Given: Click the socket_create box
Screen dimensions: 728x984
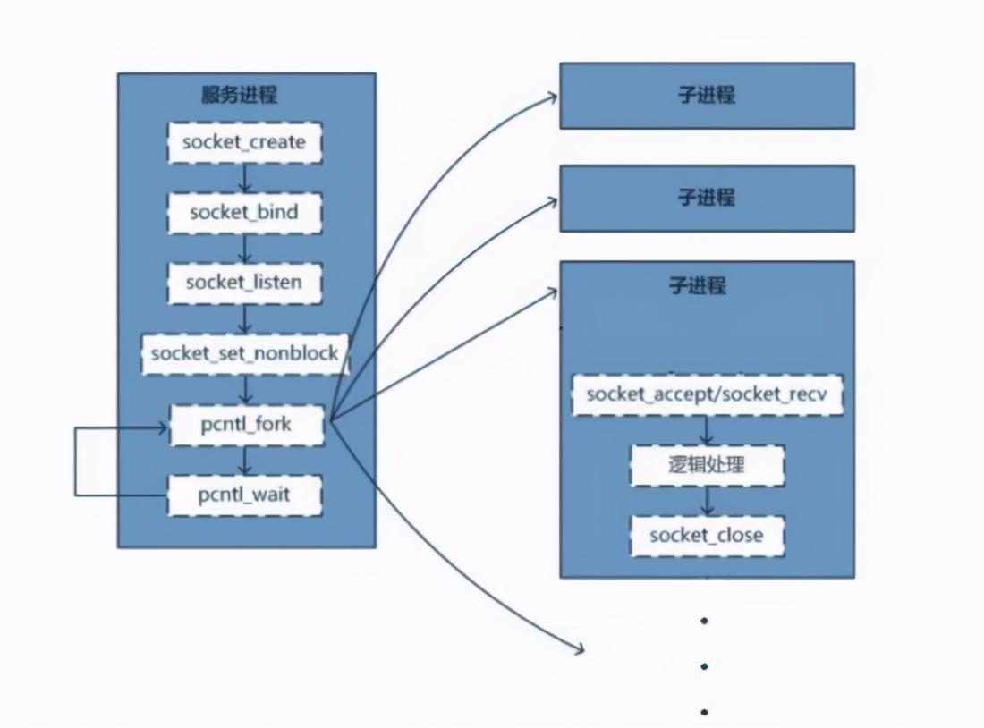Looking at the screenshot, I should [244, 142].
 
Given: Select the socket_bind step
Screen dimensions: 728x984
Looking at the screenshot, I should [244, 213].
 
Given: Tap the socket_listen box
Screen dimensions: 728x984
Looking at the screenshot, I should [244, 283].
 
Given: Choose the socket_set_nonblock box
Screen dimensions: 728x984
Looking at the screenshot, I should [244, 353].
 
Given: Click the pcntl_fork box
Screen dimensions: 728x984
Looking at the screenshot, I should [244, 424].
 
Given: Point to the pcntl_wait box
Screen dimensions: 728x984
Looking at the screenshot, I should [244, 495].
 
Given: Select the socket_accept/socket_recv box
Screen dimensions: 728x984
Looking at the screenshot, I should [707, 394].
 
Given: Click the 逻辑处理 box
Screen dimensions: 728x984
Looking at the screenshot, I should [707, 465].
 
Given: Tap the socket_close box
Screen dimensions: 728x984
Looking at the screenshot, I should [707, 536].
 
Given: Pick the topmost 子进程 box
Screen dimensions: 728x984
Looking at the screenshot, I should [707, 95].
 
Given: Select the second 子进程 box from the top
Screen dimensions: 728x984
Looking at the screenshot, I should [707, 198].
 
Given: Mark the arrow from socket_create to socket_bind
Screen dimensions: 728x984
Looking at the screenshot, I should [245, 178].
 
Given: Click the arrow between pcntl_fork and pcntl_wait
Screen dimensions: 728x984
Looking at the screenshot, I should [245, 460].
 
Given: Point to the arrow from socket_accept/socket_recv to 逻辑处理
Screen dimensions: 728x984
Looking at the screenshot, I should [707, 430].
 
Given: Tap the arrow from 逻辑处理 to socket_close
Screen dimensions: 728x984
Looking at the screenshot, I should [707, 501].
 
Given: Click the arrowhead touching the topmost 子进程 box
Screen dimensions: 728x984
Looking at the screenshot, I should [554, 96].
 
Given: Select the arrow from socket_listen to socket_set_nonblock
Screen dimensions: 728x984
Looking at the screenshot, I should [245, 318].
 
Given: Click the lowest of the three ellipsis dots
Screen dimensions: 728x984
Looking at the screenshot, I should [705, 712].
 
